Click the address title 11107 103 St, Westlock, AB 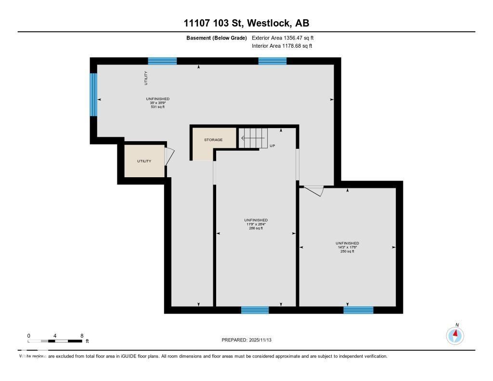click(246, 23)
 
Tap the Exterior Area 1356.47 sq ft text click(283, 38)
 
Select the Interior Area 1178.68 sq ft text click(282, 46)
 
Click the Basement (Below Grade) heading click(217, 38)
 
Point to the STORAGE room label click(213, 140)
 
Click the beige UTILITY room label click(144, 161)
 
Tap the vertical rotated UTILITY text click(146, 78)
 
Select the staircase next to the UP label click(253, 138)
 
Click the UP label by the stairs click(272, 145)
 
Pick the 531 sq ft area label click(158, 107)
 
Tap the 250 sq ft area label click(347, 251)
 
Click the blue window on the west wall click(93, 94)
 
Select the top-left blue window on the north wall click(162, 61)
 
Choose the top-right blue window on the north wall click(272, 61)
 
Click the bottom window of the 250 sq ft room click(358, 310)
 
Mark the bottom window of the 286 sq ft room click(255, 310)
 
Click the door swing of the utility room click(169, 157)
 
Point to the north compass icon click(455, 335)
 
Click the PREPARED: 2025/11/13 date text click(250, 340)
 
